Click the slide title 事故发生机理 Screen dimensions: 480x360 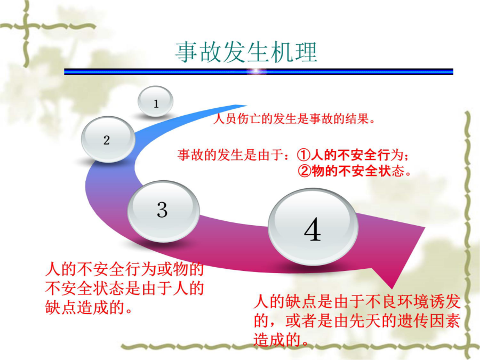tap(246, 53)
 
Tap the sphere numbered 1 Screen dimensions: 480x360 tap(156, 101)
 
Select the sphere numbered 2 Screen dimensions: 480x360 tap(108, 139)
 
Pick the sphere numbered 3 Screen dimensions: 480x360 tap(164, 211)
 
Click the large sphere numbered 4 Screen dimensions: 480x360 tap(313, 227)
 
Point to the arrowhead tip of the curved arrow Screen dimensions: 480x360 tap(393, 289)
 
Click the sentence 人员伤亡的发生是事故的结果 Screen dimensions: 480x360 tap(294, 118)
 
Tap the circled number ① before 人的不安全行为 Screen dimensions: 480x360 tap(303, 155)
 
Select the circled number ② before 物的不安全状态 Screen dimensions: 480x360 tap(305, 171)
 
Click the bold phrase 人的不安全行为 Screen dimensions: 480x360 tap(350, 155)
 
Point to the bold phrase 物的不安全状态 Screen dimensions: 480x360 tap(352, 171)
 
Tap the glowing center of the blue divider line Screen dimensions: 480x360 tap(257, 71)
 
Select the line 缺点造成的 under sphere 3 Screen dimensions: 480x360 tap(89, 307)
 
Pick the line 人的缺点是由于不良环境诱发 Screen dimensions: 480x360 tap(357, 301)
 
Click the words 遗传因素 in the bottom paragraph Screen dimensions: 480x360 tap(429, 321)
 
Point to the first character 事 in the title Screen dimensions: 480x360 tap(187, 53)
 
